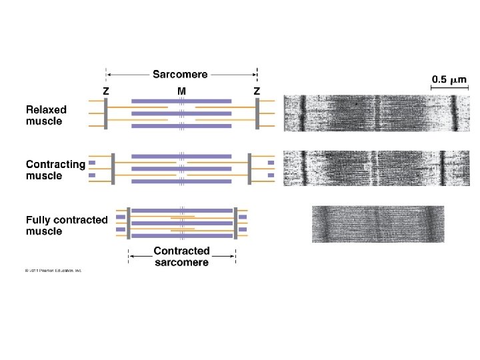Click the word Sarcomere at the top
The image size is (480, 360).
[180, 75]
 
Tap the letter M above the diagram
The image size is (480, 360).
[181, 91]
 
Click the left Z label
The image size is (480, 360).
[105, 91]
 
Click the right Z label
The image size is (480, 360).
[257, 91]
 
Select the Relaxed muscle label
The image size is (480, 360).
[46, 115]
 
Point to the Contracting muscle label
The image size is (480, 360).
[55, 170]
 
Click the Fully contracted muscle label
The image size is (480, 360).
[66, 225]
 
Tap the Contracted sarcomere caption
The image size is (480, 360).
[181, 257]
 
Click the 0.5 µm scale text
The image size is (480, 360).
[450, 80]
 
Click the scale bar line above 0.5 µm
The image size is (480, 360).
[449, 69]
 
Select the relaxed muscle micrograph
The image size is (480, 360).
[374, 114]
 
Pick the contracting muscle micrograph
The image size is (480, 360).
[374, 167]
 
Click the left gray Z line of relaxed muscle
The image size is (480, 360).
[105, 114]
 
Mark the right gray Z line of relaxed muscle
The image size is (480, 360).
[257, 114]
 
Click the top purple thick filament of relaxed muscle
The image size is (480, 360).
[181, 101]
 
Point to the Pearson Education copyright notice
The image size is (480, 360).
[53, 271]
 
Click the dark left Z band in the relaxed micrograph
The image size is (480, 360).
[301, 114]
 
